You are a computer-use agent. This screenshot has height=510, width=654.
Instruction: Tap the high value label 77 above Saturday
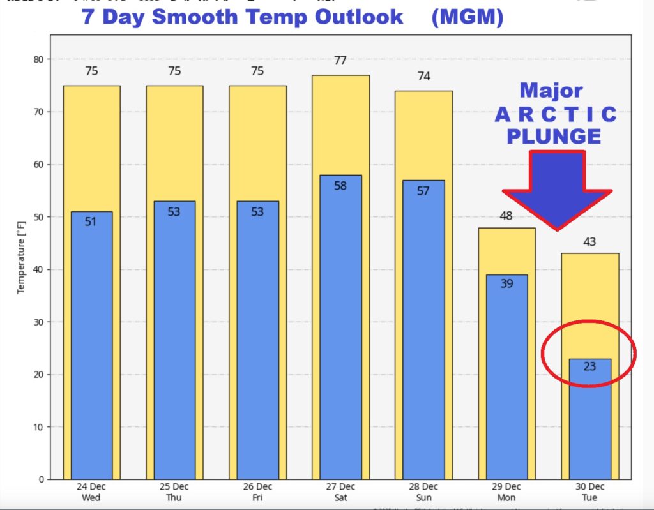[x=340, y=61]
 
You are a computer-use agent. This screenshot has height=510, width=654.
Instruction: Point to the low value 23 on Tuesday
[x=589, y=366]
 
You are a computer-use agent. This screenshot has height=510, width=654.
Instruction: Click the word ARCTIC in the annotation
[x=556, y=115]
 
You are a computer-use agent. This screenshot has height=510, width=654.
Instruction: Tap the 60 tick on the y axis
[x=40, y=165]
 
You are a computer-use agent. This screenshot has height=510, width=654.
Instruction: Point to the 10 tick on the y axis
[x=40, y=427]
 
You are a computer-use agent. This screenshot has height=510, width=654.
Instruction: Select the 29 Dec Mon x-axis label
[x=506, y=491]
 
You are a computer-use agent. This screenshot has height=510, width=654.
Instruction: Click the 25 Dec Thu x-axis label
[x=174, y=491]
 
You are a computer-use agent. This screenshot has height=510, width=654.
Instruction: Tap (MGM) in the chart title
[x=467, y=17]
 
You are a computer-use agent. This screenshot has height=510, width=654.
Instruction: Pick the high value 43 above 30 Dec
[x=589, y=242]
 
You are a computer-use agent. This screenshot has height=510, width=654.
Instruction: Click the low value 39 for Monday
[x=506, y=283]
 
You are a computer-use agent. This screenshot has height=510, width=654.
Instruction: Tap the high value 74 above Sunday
[x=423, y=77]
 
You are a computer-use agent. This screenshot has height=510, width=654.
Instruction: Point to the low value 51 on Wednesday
[x=91, y=221]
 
